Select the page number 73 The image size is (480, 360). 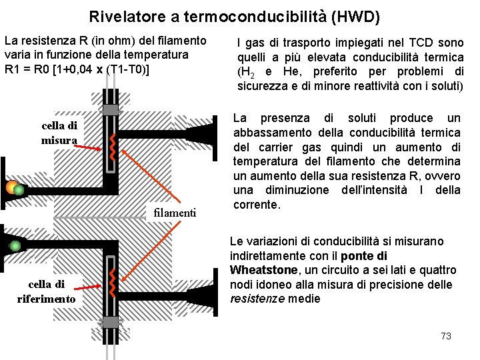coord(446,335)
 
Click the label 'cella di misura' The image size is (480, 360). coord(59,132)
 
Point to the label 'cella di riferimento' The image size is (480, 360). coord(46,291)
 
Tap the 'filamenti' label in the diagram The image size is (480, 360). coord(175,213)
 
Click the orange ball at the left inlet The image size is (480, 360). coord(11,187)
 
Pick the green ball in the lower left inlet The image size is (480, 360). coord(13,246)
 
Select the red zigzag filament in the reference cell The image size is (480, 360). coord(113,284)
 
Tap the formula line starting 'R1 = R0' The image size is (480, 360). coord(77,69)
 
